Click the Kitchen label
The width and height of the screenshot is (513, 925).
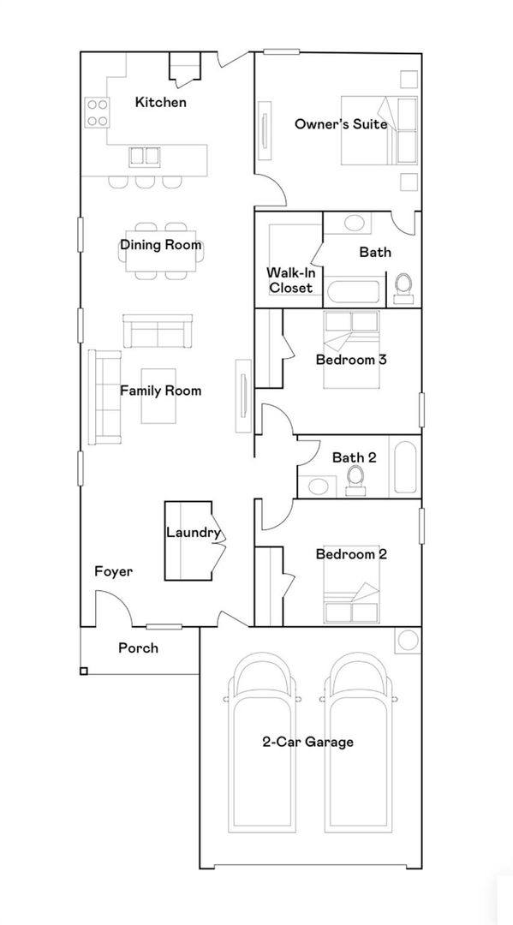160,102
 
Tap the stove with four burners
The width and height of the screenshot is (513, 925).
98,113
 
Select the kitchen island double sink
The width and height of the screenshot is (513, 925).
145,157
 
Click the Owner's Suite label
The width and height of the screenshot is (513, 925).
341,124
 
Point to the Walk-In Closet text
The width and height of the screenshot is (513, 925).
289,280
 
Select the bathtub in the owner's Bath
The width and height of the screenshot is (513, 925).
354,292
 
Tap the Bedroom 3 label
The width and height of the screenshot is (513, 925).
351,359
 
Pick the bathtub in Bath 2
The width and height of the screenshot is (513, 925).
405,466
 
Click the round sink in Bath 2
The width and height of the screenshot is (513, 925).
319,486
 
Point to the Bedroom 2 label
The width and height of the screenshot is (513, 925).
351,554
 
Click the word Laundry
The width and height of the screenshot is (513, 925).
194,533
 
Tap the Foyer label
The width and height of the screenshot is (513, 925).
114,571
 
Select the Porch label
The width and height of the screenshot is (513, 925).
138,647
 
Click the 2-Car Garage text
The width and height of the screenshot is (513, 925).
307,742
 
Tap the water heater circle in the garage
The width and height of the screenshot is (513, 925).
408,640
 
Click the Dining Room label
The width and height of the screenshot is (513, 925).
161,244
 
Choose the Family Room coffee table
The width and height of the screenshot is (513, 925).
158,396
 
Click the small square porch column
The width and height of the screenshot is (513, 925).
84,671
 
